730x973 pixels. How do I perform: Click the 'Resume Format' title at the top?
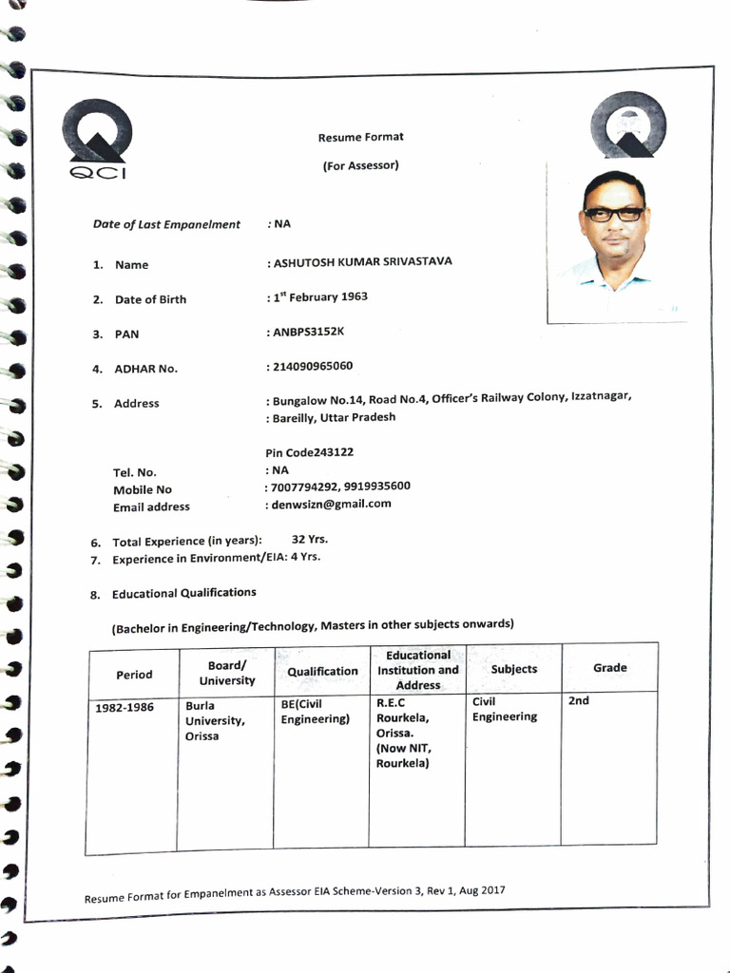pyautogui.click(x=360, y=137)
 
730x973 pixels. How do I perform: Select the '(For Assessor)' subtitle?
pyautogui.click(x=360, y=165)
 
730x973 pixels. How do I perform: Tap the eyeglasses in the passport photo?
pyautogui.click(x=613, y=215)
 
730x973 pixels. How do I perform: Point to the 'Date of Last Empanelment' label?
pyautogui.click(x=166, y=224)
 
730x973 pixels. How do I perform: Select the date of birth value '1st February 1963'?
pyautogui.click(x=320, y=296)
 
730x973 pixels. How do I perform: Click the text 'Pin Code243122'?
pyautogui.click(x=316, y=452)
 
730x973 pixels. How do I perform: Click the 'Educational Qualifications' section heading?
pyautogui.click(x=184, y=593)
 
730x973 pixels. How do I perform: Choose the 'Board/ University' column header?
pyautogui.click(x=227, y=674)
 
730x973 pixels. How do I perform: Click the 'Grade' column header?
pyautogui.click(x=609, y=668)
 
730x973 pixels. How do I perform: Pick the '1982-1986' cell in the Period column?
pyautogui.click(x=125, y=707)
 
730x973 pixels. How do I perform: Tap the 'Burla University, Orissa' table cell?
pyautogui.click(x=216, y=721)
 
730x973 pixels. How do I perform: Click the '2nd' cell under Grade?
pyautogui.click(x=579, y=700)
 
